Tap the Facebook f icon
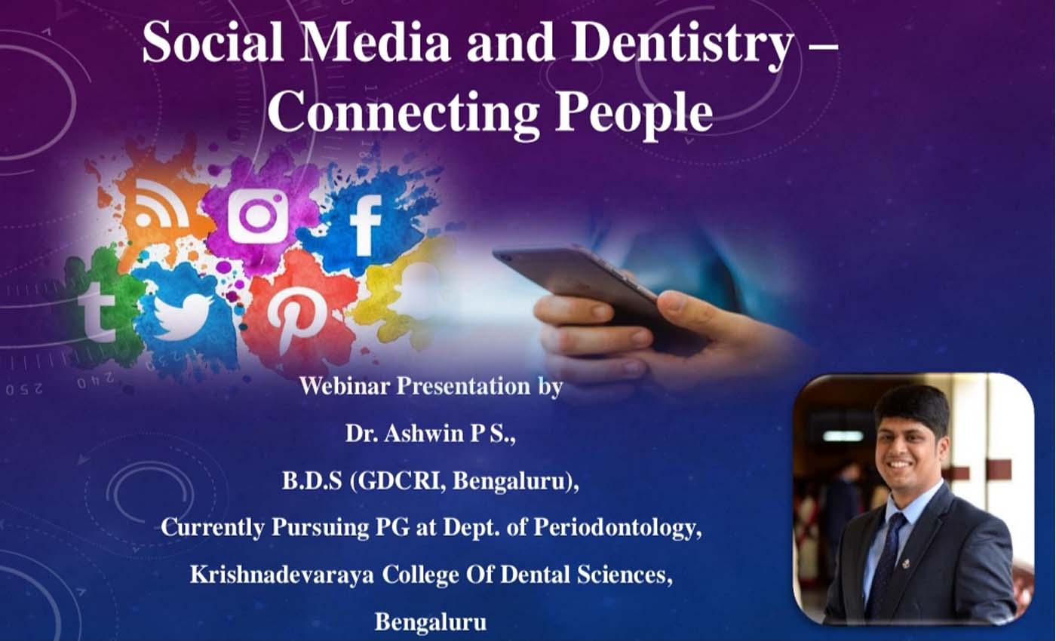pyautogui.click(x=366, y=225)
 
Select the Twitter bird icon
pyautogui.click(x=182, y=316)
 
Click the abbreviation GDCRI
pyautogui.click(x=398, y=482)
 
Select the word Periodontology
pyautogui.click(x=617, y=529)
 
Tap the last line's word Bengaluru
pyautogui.click(x=431, y=622)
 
